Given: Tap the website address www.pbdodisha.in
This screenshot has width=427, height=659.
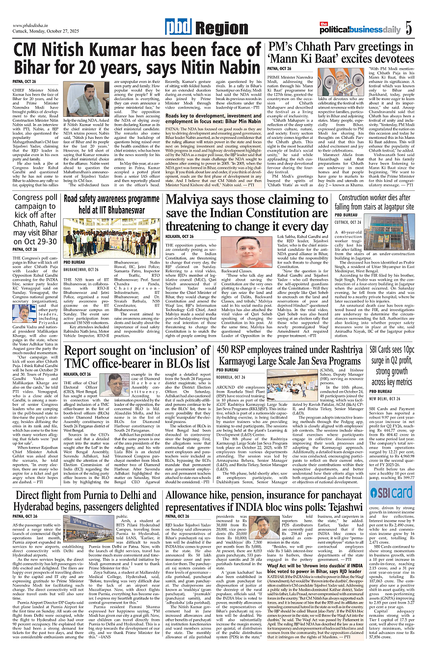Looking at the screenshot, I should (32, 26).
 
